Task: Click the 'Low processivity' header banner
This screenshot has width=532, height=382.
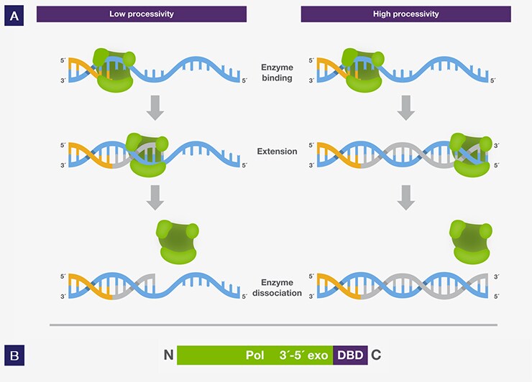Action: tap(142, 14)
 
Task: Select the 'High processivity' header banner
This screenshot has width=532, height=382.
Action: tap(405, 14)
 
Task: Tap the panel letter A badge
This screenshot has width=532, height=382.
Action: tap(14, 16)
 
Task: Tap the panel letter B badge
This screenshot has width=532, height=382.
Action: tap(14, 355)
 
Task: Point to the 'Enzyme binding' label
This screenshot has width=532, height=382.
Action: tap(278, 73)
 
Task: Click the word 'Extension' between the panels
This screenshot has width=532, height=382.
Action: tap(278, 152)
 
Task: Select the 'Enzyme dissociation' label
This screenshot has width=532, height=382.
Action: tap(278, 288)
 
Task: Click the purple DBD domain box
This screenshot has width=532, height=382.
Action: tap(350, 355)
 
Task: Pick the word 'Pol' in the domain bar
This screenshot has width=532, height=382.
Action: tap(254, 355)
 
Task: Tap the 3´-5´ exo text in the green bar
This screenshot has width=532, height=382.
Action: tap(303, 355)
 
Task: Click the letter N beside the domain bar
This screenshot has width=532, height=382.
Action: tap(169, 355)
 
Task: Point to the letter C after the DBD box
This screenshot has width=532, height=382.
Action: tap(376, 355)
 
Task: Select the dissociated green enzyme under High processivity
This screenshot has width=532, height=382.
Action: tap(471, 242)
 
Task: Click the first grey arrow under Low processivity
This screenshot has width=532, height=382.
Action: tap(155, 108)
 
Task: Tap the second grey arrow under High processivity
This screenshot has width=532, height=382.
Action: tap(405, 197)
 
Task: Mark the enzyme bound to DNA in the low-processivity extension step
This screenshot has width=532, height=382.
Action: tap(147, 155)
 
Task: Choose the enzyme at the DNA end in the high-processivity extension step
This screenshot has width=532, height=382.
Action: tap(471, 155)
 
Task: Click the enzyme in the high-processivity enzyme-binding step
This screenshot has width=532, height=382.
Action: tap(363, 70)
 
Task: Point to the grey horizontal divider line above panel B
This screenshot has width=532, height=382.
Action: tap(273, 325)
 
